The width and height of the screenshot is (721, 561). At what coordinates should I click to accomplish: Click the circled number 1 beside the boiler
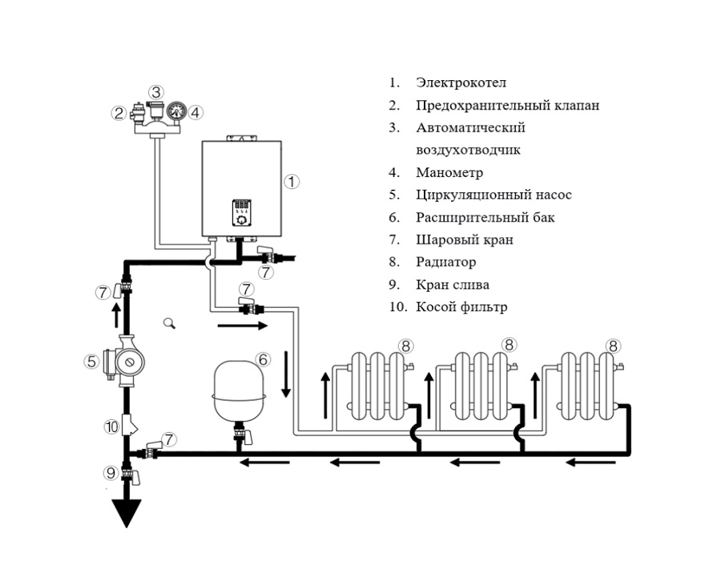292,182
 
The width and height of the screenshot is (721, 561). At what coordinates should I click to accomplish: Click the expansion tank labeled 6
238,391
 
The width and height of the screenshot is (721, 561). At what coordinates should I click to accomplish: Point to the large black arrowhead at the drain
127,513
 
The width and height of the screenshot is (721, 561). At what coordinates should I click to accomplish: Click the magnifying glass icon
169,323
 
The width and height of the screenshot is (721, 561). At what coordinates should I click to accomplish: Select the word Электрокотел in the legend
461,83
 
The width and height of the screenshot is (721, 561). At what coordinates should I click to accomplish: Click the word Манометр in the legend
449,172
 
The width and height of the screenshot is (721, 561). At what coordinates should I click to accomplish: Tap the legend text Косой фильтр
461,307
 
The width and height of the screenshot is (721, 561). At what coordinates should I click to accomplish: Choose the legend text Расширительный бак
485,217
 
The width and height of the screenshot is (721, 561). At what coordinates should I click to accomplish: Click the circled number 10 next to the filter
111,426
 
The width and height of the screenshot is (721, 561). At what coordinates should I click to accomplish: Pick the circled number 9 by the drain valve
111,472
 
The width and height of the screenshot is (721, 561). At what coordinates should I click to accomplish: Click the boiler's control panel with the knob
241,212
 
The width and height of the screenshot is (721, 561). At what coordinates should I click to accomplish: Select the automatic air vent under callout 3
156,111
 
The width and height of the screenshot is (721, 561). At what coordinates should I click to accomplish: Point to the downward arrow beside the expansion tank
286,373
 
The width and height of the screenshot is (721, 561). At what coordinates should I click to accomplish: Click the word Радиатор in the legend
445,262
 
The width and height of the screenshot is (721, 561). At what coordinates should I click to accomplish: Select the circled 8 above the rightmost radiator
613,345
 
